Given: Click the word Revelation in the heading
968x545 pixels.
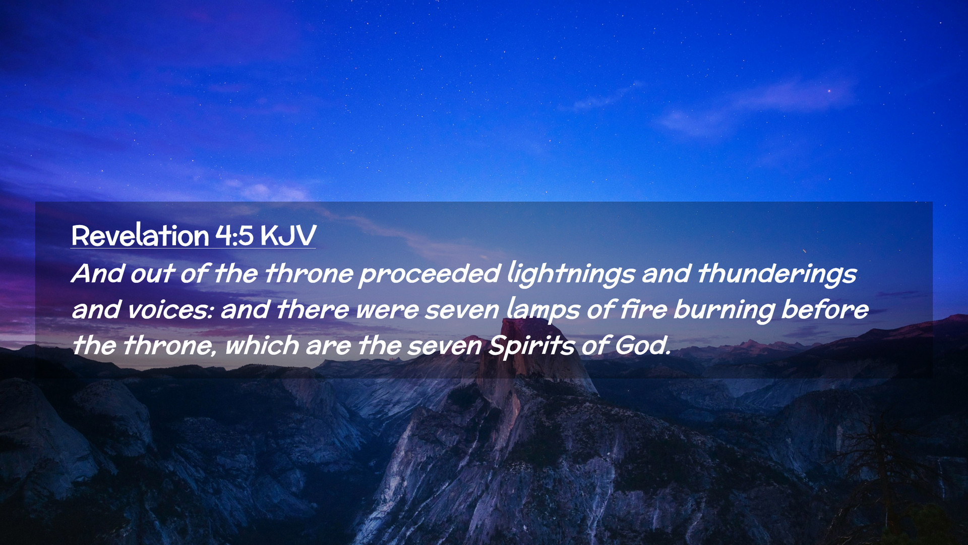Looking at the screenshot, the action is point(140,235).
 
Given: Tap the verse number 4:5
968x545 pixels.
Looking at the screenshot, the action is point(234,235).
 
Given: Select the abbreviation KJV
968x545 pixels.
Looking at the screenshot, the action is point(288,236).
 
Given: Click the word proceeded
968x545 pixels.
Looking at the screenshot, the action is point(430,274).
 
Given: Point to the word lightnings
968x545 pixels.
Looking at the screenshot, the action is point(571,274).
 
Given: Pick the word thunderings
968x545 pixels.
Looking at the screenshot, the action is point(777,274).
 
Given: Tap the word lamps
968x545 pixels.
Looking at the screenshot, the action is point(543,310).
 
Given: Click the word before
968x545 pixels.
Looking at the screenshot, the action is point(825,309).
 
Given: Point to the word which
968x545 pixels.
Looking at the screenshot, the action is point(262,346).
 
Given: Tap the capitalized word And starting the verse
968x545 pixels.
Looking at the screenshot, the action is point(98,274).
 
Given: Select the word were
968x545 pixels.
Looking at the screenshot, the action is point(387,310).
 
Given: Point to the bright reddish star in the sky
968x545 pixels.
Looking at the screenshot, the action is point(829,91).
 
